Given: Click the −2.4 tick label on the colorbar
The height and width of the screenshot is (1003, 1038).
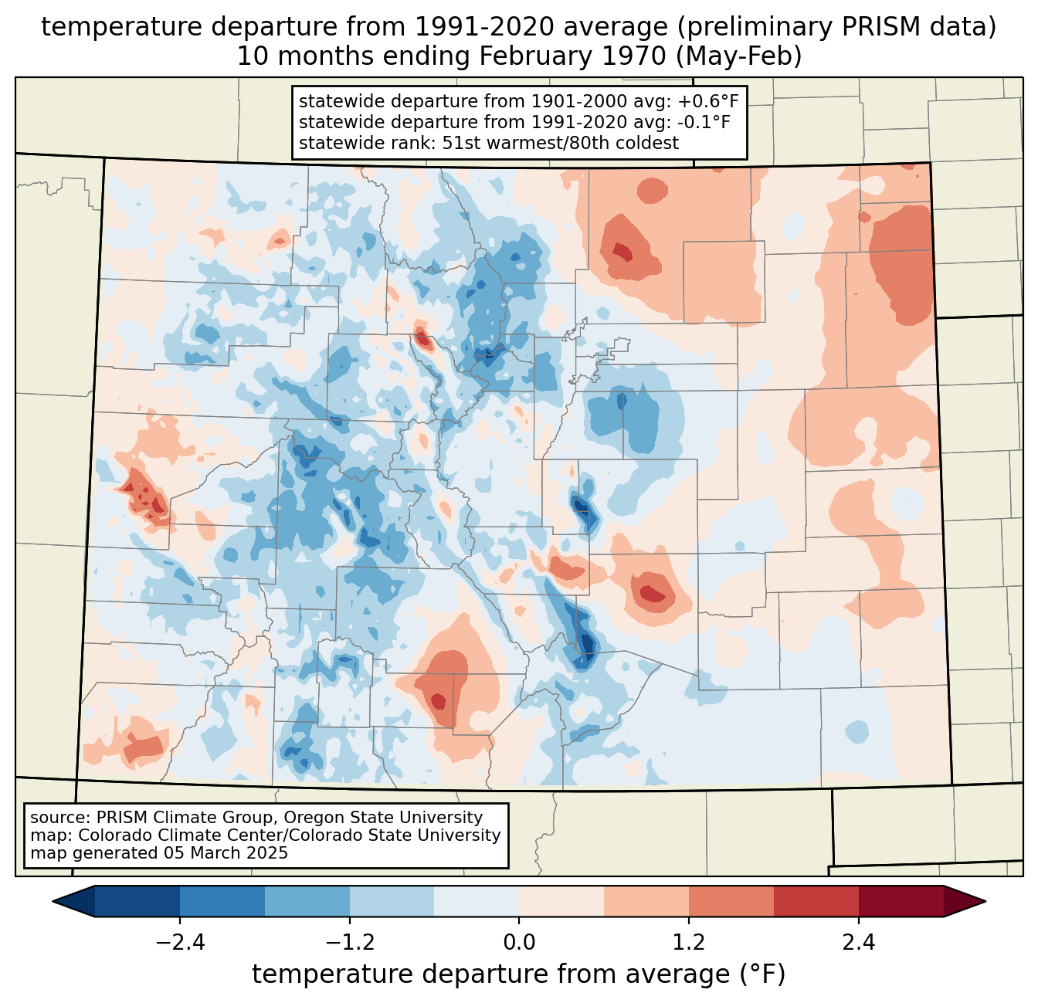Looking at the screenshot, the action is point(180,943).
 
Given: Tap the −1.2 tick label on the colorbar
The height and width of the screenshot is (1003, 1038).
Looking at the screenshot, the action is point(350,943).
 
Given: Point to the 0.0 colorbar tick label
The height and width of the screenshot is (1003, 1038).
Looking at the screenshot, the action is point(519,943).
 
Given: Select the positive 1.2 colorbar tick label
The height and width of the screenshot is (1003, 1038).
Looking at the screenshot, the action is point(689,943).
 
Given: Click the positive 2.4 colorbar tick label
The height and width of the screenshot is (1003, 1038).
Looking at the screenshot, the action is point(858,943).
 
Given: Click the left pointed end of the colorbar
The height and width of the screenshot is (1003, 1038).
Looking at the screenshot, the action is point(53,902).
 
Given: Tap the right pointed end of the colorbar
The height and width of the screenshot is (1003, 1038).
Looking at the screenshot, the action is point(985,902).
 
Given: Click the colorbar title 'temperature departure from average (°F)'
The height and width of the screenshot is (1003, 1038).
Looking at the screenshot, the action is point(519,974).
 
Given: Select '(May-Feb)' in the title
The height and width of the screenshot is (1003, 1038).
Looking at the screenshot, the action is point(739,56).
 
